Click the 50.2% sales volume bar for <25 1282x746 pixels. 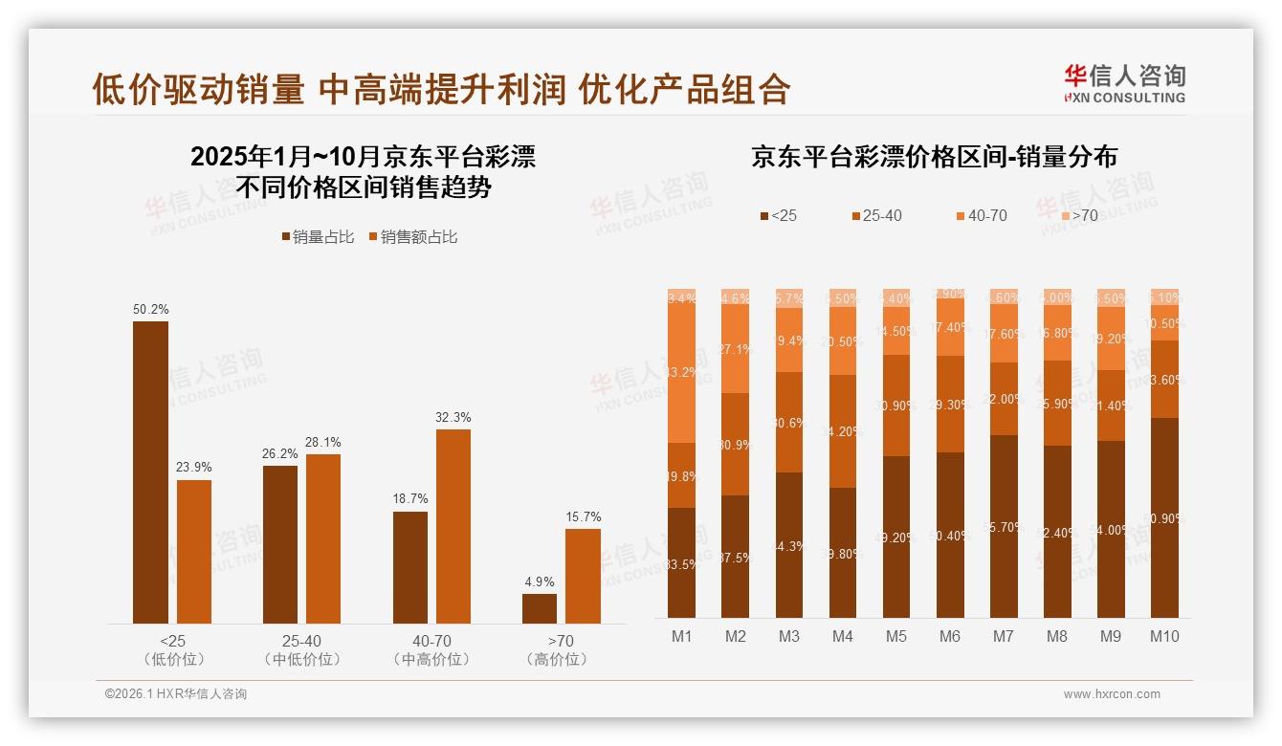150,472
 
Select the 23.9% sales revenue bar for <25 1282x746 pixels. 194,552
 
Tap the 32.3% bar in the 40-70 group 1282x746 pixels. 453,526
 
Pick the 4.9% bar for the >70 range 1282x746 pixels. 540,608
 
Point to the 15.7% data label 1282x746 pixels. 583,517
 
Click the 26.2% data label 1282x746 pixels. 279,453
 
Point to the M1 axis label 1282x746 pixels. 682,636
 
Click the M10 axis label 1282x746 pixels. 1163,636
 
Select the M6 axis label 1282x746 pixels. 949,636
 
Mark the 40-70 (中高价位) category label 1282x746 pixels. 431,649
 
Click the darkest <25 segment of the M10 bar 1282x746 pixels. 1163,517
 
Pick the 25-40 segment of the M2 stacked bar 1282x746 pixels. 736,445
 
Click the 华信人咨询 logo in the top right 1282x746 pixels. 1124,83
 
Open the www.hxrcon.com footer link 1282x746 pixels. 1112,694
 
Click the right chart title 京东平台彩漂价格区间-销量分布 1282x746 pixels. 934,157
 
